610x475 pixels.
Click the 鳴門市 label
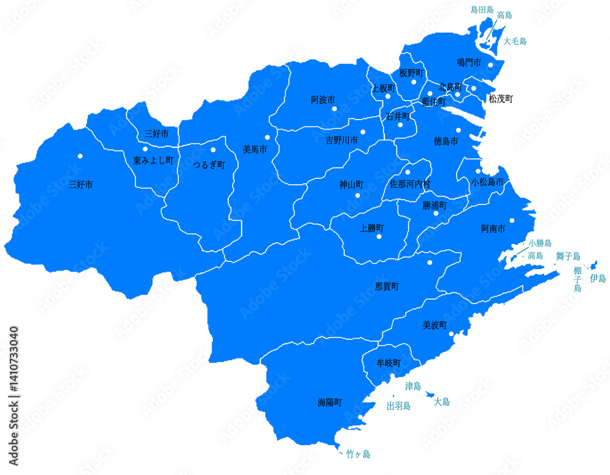pos(469,62)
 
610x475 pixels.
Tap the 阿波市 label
pos(323,99)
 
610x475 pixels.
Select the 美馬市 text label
pos(254,148)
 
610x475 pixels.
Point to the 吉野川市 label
pos(342,140)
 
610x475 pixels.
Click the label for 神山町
pos(351,184)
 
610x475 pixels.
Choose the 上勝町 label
pos(371,228)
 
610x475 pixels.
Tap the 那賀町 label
pos(387,286)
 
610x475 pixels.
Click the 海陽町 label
pos(329,402)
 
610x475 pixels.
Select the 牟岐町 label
pos(389,363)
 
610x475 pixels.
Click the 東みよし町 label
pos(154,161)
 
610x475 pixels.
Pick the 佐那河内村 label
pos(410,183)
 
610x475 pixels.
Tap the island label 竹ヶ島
pos(357,454)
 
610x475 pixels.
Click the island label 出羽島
pos(398,405)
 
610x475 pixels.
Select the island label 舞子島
pos(568,256)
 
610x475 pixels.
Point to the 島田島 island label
pos(482,10)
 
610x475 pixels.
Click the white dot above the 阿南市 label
pos(512,220)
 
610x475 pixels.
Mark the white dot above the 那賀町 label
pos(429,263)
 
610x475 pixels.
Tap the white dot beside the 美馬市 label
pos(267,137)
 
